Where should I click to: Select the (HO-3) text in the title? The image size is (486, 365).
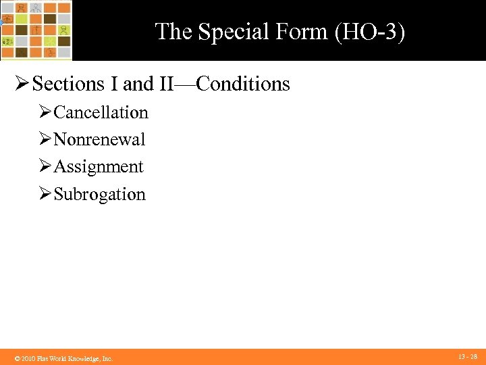369,32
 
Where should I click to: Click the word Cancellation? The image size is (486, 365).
101,112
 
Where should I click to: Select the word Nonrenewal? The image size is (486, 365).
99,139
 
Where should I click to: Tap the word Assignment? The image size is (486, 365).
99,167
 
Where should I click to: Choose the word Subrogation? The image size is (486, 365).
99,194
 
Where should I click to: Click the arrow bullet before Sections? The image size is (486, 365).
22,84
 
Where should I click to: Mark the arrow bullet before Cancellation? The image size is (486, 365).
45,112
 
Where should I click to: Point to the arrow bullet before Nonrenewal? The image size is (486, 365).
45,139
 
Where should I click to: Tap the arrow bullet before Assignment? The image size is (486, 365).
45,167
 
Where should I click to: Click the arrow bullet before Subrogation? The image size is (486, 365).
45,194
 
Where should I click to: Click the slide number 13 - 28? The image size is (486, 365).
468,356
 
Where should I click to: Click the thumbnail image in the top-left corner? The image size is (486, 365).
36,30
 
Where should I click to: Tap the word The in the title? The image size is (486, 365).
172,32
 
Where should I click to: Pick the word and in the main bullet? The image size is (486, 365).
138,84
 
